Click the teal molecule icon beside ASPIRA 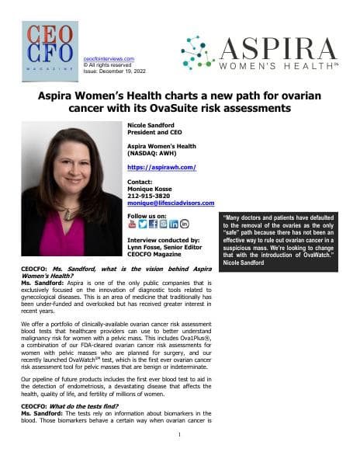point(198,53)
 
